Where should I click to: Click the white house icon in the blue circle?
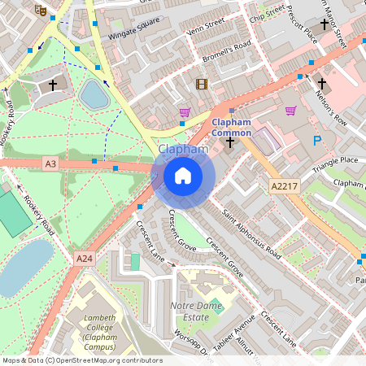pos(183,175)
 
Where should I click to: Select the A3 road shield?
pos(51,164)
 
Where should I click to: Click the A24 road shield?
pos(85,258)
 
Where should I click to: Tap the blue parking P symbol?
pos(317,142)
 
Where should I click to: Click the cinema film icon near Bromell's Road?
pos(201,84)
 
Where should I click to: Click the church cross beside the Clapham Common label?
pos(229,143)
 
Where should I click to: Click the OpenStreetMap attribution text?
pos(82,360)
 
